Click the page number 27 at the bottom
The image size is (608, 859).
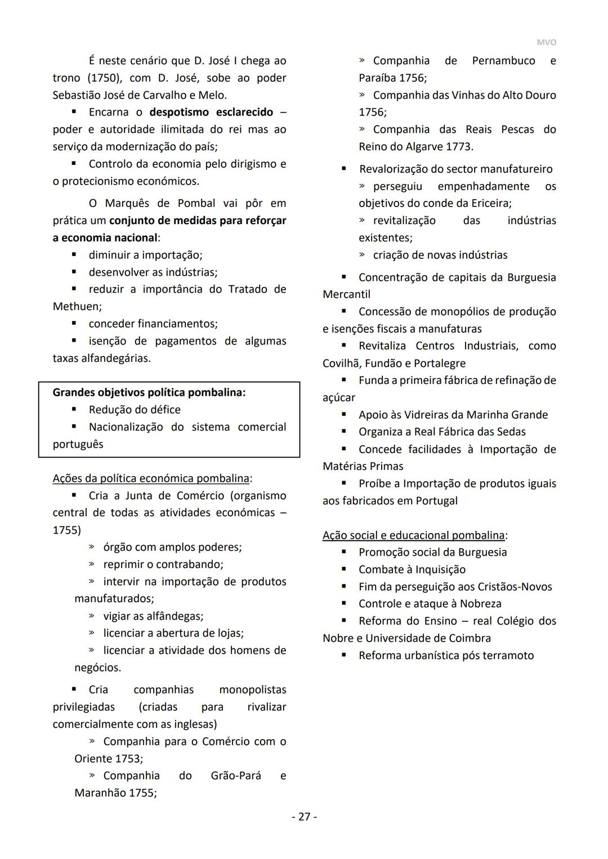point(304,816)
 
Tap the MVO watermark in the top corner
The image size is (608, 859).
point(546,43)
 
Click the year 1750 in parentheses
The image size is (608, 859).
point(102,78)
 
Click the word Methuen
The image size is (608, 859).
point(77,306)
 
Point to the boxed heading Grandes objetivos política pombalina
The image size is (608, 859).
point(149,392)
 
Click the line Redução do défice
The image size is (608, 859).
point(135,409)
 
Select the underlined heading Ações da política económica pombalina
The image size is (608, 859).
point(151,478)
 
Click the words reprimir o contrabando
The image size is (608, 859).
point(163,564)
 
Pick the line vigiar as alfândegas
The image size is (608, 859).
point(153,616)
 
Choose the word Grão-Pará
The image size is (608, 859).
point(236,775)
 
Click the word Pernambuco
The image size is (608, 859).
point(503,60)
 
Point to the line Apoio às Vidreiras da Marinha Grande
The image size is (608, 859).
point(453,414)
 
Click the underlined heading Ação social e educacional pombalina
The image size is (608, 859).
point(414,535)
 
